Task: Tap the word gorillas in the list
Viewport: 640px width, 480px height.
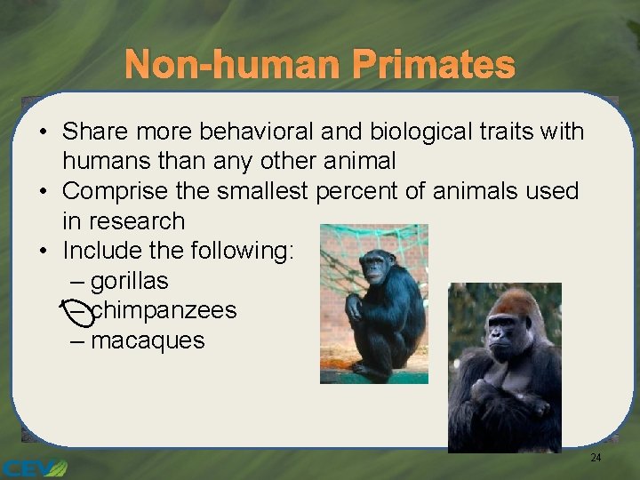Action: (129, 281)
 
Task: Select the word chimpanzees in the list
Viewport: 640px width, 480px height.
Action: (164, 310)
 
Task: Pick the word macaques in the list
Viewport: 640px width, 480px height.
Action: (148, 340)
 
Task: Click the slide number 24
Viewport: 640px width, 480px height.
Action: (596, 458)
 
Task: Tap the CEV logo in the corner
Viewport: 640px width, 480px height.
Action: (34, 468)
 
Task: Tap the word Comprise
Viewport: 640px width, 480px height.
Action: (117, 191)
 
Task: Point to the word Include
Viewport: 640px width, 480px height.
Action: (104, 252)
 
